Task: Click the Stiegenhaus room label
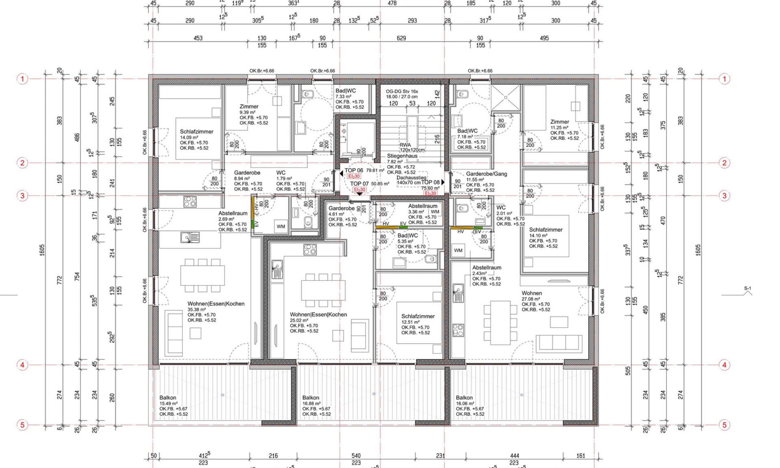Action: pyautogui.click(x=402, y=156)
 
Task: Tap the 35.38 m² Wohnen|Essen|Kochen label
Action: pyautogui.click(x=216, y=304)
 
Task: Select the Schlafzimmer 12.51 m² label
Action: pyautogui.click(x=418, y=316)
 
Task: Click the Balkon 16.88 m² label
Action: pyautogui.click(x=311, y=398)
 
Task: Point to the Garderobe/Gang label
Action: pyautogui.click(x=486, y=174)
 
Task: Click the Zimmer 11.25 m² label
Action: pyautogui.click(x=559, y=122)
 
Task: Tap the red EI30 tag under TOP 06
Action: pyautogui.click(x=354, y=176)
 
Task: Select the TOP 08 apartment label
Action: pyautogui.click(x=430, y=182)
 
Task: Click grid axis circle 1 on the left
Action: pyautogui.click(x=22, y=79)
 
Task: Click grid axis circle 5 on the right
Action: pyautogui.click(x=724, y=425)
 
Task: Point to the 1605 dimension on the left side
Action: pyautogui.click(x=42, y=250)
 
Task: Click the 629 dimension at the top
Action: pyautogui.click(x=401, y=38)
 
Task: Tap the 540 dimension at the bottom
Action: pyautogui.click(x=356, y=456)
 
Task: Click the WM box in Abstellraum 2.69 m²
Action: pyautogui.click(x=281, y=227)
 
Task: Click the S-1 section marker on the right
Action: pyautogui.click(x=747, y=289)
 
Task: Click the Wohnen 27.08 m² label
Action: pyautogui.click(x=531, y=293)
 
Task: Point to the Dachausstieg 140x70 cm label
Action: pyautogui.click(x=411, y=180)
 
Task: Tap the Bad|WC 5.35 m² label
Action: pyautogui.click(x=407, y=236)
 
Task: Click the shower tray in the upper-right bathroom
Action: pyautogui.click(x=506, y=97)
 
